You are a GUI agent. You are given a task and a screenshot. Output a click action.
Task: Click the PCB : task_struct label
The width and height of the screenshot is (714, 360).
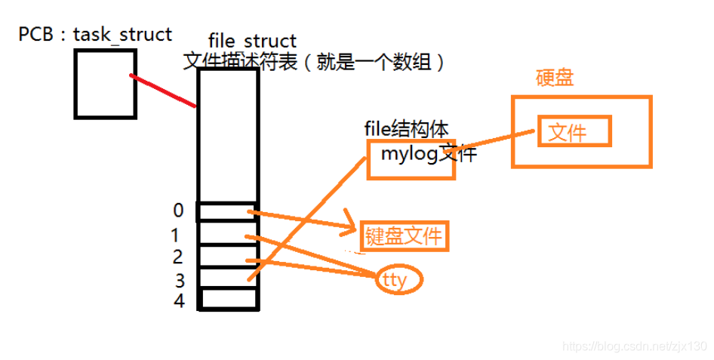click(x=95, y=34)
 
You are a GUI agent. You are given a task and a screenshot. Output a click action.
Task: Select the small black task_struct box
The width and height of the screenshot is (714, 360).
click(x=106, y=83)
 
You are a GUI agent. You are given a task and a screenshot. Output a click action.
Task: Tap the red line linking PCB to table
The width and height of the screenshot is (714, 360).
click(x=164, y=91)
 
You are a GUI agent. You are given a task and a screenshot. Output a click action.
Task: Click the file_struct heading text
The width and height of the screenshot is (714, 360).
click(x=252, y=41)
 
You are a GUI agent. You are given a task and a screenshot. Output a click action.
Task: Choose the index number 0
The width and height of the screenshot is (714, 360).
click(x=178, y=209)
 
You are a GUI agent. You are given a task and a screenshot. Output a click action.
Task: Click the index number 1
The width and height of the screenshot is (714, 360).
click(x=177, y=235)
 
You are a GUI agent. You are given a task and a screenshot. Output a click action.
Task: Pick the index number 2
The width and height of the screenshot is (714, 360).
click(x=177, y=257)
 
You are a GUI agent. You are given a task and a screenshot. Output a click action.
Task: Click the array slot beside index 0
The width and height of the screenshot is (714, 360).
click(x=227, y=211)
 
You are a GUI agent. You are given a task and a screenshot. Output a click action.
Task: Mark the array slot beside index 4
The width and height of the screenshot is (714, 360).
click(x=227, y=300)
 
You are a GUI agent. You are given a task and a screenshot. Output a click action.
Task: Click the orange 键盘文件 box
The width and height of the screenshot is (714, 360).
click(x=405, y=237)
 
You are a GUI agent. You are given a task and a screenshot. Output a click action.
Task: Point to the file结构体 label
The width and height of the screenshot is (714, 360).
click(x=408, y=128)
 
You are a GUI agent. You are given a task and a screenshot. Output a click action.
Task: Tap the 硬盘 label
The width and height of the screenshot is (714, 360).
click(x=554, y=78)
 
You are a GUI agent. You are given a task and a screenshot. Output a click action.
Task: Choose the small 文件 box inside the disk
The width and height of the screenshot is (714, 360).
click(x=574, y=133)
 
